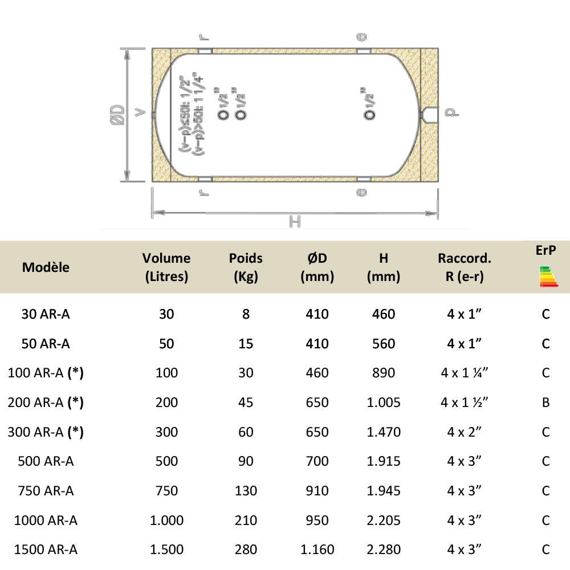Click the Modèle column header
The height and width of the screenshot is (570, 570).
[46, 267]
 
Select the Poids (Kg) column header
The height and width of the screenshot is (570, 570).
[246, 267]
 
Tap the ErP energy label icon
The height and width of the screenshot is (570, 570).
[545, 276]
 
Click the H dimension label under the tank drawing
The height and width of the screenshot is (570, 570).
[294, 221]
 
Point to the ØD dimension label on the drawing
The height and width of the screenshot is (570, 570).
[117, 115]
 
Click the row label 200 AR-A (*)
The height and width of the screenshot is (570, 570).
[46, 402]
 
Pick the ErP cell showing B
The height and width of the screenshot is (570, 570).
[545, 402]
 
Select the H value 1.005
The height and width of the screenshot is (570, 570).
[384, 402]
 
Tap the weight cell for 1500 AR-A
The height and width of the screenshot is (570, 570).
[246, 549]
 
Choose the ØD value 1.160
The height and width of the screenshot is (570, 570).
[317, 549]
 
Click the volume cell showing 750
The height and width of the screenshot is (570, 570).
[166, 491]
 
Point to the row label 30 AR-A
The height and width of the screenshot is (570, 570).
[46, 314]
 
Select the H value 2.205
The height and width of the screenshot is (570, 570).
[384, 520]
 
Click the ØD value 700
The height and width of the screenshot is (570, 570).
[317, 461]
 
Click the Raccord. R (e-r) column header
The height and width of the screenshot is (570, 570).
[464, 267]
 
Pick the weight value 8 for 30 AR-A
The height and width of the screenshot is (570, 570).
[246, 314]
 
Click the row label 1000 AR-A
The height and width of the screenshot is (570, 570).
[46, 520]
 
